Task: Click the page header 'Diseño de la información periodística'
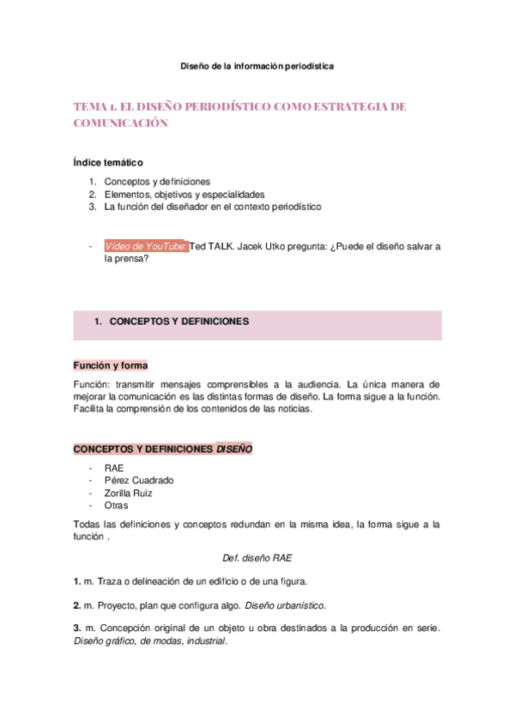coord(257,65)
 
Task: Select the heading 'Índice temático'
coord(108,162)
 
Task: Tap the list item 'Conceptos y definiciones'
coord(157,182)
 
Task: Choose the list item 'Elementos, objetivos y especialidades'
coord(184,195)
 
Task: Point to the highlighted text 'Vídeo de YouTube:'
coord(145,247)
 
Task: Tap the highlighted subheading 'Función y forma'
coord(111,365)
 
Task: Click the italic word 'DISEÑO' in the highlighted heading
coord(234,449)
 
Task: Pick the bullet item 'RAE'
coord(113,468)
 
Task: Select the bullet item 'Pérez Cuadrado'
coord(138,481)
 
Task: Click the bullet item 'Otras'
coord(116,506)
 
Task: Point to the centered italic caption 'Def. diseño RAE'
coord(257,557)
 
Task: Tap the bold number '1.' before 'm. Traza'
coord(77,581)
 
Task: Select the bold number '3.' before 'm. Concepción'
coord(77,629)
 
